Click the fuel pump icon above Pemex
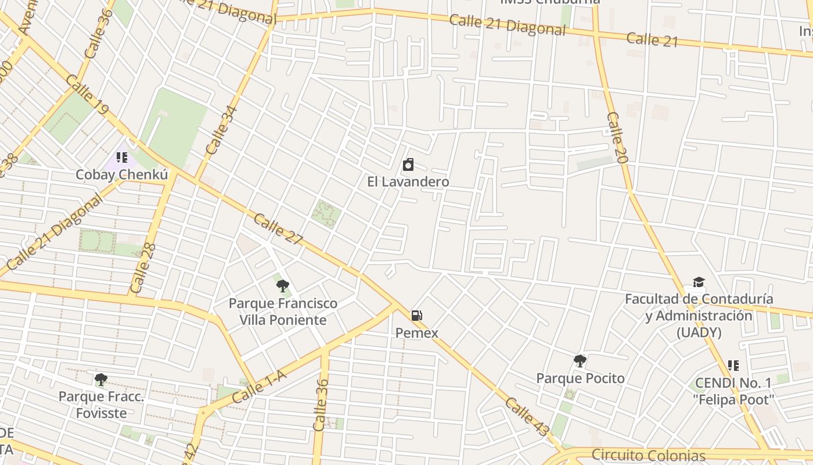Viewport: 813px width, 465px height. point(416,316)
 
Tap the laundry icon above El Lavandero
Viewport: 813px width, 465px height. point(408,164)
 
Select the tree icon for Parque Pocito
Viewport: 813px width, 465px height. point(580,361)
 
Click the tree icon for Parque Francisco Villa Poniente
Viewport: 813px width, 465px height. point(283,285)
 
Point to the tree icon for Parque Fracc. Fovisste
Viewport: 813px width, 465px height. point(100,380)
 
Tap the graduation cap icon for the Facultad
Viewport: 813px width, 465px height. point(699,282)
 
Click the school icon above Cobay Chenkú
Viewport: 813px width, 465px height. point(121,158)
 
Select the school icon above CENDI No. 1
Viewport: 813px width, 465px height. point(733,366)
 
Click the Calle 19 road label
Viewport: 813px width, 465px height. point(87,94)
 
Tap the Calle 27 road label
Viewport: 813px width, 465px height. point(278,229)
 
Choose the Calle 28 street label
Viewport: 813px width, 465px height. point(143,268)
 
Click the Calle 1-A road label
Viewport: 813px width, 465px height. point(259,388)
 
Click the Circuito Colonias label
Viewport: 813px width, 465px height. point(648,455)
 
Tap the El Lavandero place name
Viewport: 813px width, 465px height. point(408,182)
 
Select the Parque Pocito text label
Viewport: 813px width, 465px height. point(580,378)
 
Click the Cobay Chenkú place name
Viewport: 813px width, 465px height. point(122,175)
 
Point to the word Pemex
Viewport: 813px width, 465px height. point(416,333)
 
